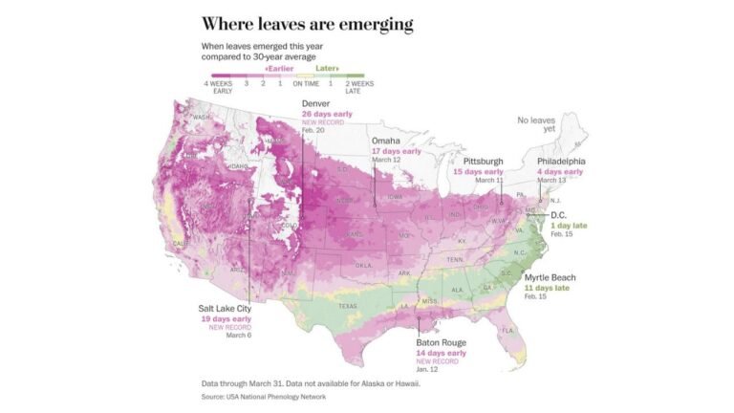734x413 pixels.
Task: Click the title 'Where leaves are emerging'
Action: (x=307, y=23)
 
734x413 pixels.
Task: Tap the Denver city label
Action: (x=316, y=103)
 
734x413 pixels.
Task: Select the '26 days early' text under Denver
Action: (x=327, y=114)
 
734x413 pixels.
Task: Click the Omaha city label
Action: (x=387, y=141)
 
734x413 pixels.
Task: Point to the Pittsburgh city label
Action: (x=484, y=161)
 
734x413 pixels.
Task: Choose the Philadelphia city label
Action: (x=561, y=162)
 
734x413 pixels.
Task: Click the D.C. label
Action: (x=559, y=215)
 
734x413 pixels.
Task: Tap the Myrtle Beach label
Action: (x=550, y=277)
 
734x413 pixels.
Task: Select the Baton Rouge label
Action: (x=441, y=342)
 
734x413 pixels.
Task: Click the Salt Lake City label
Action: (x=226, y=308)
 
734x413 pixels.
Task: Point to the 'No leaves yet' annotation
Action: (x=536, y=125)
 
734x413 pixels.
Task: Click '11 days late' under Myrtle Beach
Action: (x=547, y=288)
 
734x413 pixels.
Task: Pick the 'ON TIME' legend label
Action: (x=306, y=84)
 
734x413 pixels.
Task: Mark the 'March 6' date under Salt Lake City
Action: (x=238, y=336)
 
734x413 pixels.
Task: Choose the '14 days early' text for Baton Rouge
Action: (x=441, y=353)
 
